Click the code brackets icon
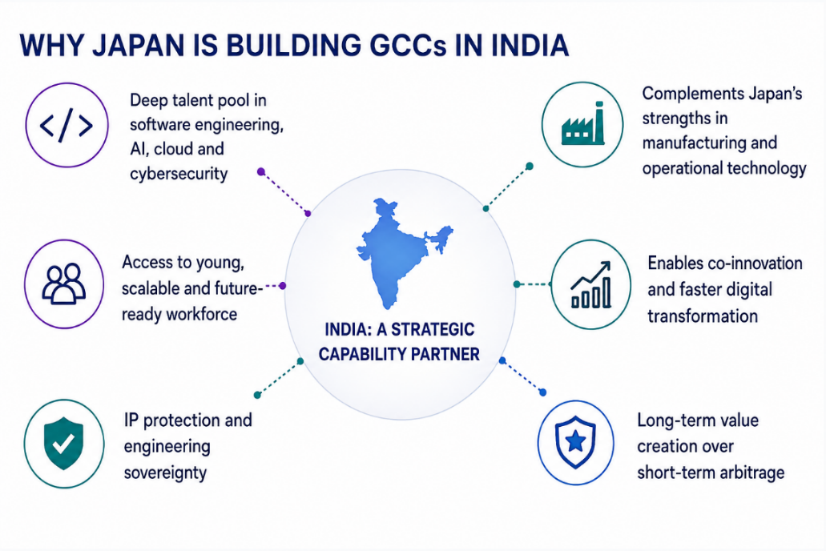click(x=66, y=126)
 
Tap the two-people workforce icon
click(x=64, y=284)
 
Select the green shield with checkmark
click(x=64, y=443)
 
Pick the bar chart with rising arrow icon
click(x=591, y=284)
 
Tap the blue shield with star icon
click(x=576, y=442)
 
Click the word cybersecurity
click(x=179, y=174)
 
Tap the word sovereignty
click(x=165, y=473)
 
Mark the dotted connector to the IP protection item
click(x=279, y=378)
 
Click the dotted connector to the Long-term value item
click(x=522, y=376)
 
